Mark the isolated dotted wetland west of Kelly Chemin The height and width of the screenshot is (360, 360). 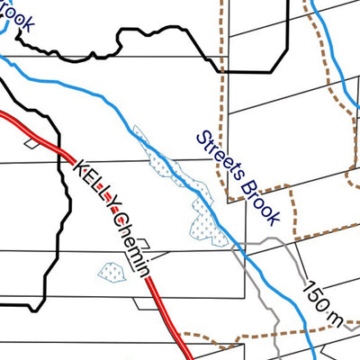(x=112, y=271)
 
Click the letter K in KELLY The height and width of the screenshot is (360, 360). (x=78, y=166)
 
